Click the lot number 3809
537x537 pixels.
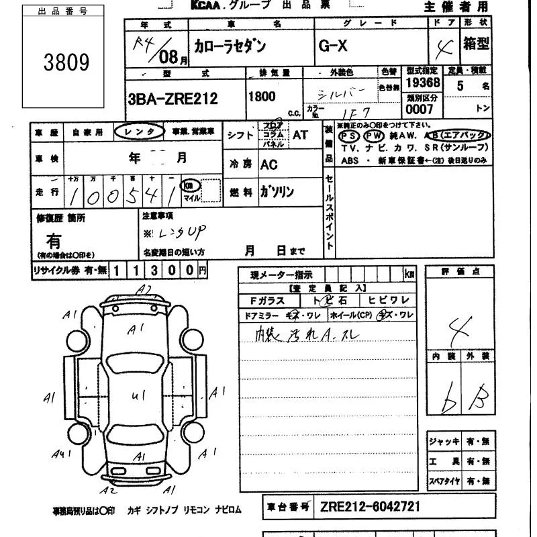tap(66, 62)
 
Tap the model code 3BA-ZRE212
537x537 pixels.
tap(173, 99)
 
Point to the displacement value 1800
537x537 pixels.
tap(262, 96)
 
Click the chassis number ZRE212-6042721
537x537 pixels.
tap(370, 506)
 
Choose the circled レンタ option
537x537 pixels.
tap(139, 132)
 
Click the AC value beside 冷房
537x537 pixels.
tap(268, 164)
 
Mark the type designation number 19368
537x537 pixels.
tap(422, 83)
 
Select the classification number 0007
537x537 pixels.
tap(420, 109)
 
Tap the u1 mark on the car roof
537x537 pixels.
tap(139, 396)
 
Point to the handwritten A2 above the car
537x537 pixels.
tap(144, 289)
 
